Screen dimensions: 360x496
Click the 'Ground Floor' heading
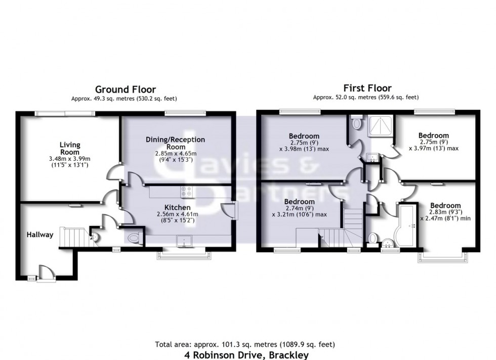(126, 90)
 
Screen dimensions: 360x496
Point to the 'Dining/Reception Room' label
(175, 143)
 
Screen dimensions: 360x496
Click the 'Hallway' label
(40, 235)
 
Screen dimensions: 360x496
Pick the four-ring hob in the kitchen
(187, 192)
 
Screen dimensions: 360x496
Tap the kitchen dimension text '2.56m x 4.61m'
(178, 214)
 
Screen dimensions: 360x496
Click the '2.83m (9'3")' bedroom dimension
(445, 212)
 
